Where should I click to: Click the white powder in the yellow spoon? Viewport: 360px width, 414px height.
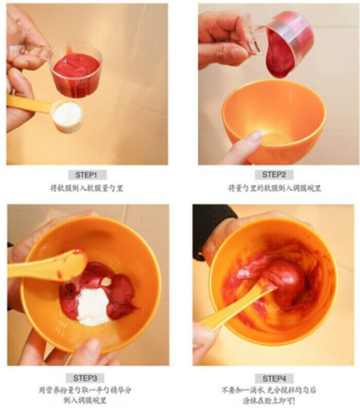coord(67,114)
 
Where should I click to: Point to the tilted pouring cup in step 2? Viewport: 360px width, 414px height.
coord(288,38)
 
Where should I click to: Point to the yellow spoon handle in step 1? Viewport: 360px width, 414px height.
coord(29,104)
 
